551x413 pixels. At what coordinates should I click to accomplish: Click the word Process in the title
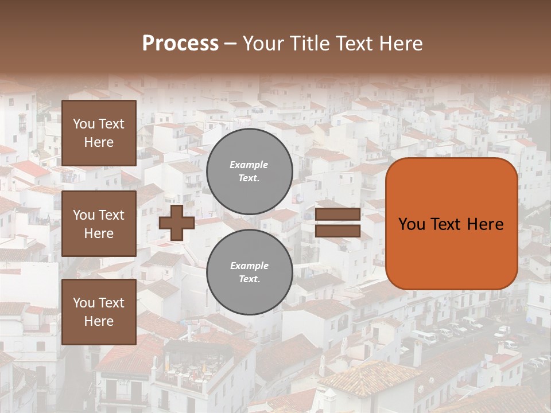pyautogui.click(x=180, y=44)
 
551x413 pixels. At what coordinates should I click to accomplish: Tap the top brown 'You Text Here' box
pyautogui.click(x=99, y=133)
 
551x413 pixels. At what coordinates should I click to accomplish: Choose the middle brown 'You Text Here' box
pyautogui.click(x=99, y=224)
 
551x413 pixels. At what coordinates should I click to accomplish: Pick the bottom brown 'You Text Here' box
pyautogui.click(x=99, y=312)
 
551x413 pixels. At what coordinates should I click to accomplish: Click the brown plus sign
pyautogui.click(x=177, y=223)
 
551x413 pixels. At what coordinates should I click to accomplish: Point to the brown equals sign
pyautogui.click(x=338, y=223)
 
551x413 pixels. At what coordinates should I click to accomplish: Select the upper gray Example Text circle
pyautogui.click(x=250, y=171)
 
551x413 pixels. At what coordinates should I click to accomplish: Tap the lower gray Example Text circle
pyautogui.click(x=250, y=272)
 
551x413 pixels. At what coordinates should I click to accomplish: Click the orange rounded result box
pyautogui.click(x=451, y=224)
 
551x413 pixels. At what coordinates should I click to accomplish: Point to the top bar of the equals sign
pyautogui.click(x=338, y=215)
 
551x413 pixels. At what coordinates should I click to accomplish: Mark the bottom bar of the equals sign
pyautogui.click(x=338, y=231)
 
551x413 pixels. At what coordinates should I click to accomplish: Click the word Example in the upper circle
pyautogui.click(x=249, y=165)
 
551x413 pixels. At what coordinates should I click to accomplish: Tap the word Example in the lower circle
pyautogui.click(x=249, y=266)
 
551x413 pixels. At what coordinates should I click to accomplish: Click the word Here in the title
pyautogui.click(x=402, y=44)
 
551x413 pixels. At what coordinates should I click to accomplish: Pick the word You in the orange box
pyautogui.click(x=411, y=224)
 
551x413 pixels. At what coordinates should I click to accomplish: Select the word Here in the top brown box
pyautogui.click(x=99, y=142)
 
